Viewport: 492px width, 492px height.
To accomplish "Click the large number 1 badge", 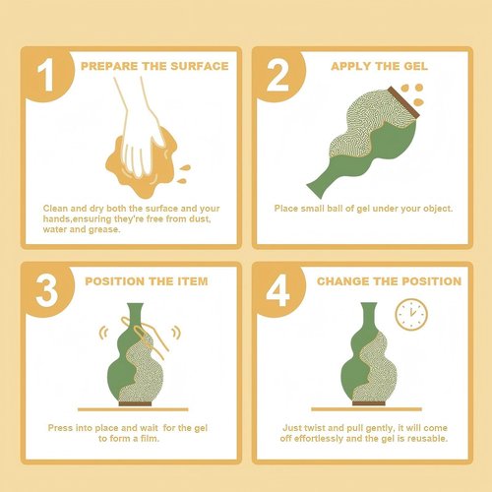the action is pyautogui.click(x=45, y=75).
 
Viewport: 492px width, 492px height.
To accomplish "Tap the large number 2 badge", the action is pyautogui.click(x=277, y=75).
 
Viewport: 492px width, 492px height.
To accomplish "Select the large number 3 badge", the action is pyautogui.click(x=46, y=290).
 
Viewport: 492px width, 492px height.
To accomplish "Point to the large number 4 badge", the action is pyautogui.click(x=277, y=290).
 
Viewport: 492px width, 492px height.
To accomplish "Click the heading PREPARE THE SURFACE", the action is pyautogui.click(x=154, y=66).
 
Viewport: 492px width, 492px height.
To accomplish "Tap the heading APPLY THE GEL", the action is pyautogui.click(x=379, y=66).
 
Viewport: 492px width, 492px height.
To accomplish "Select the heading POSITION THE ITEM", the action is pyautogui.click(x=147, y=281).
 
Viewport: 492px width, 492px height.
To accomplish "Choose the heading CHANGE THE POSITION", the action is pyautogui.click(x=389, y=281).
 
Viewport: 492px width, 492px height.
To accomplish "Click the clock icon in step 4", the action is pyautogui.click(x=411, y=314).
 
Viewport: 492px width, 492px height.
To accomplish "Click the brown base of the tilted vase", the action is pyautogui.click(x=403, y=102).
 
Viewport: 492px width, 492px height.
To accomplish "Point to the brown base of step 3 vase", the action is pyautogui.click(x=135, y=403).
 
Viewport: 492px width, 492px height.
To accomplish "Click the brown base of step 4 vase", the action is pyautogui.click(x=369, y=402).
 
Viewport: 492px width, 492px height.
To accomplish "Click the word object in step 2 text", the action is pyautogui.click(x=438, y=209).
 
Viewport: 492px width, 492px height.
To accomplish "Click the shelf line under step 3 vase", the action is pyautogui.click(x=133, y=409).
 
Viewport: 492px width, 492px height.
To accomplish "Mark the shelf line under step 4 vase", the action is pyautogui.click(x=366, y=409).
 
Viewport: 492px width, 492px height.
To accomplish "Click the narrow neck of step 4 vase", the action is pyautogui.click(x=369, y=317).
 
